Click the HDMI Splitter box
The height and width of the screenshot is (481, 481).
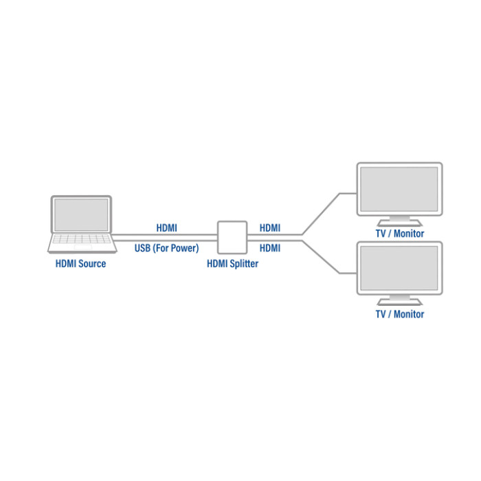tap(232, 237)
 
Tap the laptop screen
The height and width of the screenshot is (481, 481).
tap(81, 214)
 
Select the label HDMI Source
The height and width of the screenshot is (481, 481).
tap(81, 263)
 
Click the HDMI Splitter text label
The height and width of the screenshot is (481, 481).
tap(232, 263)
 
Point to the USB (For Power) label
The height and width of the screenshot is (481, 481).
tap(166, 248)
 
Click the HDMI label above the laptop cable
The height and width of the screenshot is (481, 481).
tap(166, 228)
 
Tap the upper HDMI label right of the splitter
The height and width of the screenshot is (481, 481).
tap(270, 228)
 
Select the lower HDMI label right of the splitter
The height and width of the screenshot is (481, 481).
tap(270, 248)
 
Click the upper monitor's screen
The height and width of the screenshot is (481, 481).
tap(399, 188)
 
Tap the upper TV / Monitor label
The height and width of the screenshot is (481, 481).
tap(399, 234)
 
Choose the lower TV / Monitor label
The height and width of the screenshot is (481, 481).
tap(399, 314)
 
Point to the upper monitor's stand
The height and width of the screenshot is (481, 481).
tap(399, 219)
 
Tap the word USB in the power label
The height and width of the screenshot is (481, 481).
tap(142, 248)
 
